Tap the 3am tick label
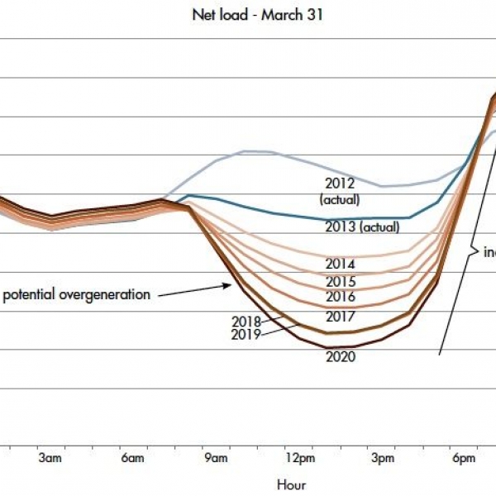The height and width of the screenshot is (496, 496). click(50, 458)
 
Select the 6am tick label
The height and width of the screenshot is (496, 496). click(133, 458)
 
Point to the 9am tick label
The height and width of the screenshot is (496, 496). click(217, 458)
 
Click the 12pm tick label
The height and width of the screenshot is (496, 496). click(299, 458)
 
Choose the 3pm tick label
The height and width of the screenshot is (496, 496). click(383, 458)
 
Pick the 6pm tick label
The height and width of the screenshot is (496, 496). click(465, 458)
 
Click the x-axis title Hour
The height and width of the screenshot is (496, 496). click(292, 485)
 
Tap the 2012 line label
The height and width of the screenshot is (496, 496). click(340, 184)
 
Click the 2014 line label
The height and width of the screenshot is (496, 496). click(340, 265)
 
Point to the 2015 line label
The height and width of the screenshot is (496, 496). click(340, 282)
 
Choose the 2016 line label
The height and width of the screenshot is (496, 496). click(340, 297)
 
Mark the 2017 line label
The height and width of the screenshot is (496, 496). click(340, 317)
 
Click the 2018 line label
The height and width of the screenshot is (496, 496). click(246, 322)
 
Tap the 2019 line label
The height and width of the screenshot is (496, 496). click(246, 335)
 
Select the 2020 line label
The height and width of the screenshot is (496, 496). click(340, 357)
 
